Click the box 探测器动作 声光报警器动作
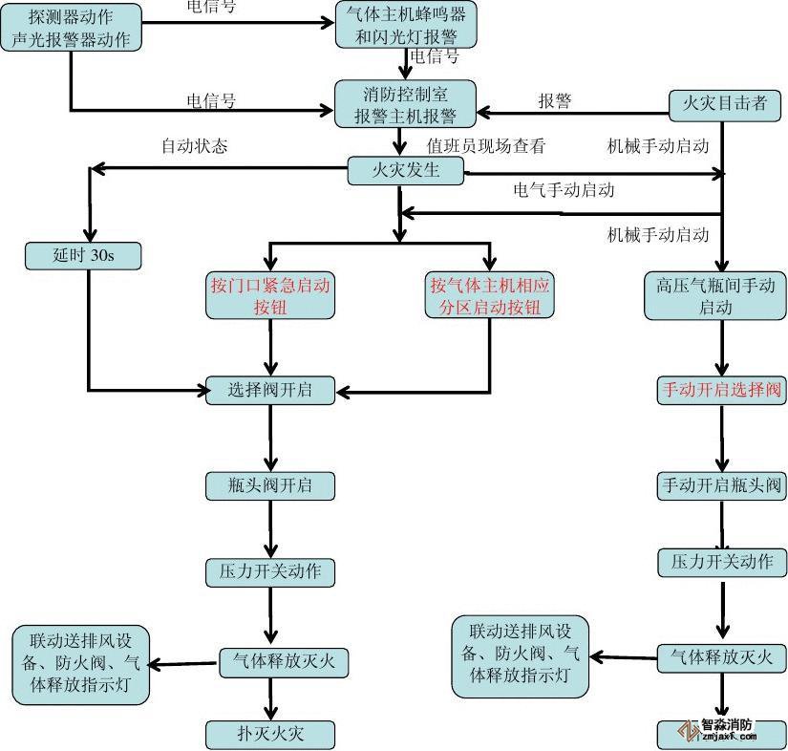[x=72, y=28]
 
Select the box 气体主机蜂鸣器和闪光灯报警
[x=406, y=26]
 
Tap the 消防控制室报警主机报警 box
[x=405, y=104]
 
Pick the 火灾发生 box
[x=405, y=171]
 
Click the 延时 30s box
[x=83, y=255]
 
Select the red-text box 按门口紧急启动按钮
[x=270, y=295]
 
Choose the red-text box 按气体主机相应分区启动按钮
[x=490, y=295]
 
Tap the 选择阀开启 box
[x=269, y=390]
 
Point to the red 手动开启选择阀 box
[x=721, y=390]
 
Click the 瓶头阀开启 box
[x=269, y=485]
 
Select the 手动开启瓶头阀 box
[x=721, y=485]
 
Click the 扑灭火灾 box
[x=269, y=735]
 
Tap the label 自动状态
[x=194, y=146]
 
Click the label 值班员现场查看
[x=485, y=146]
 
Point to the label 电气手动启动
[x=564, y=189]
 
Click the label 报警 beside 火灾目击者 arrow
[x=555, y=101]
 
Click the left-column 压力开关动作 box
[x=269, y=572]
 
